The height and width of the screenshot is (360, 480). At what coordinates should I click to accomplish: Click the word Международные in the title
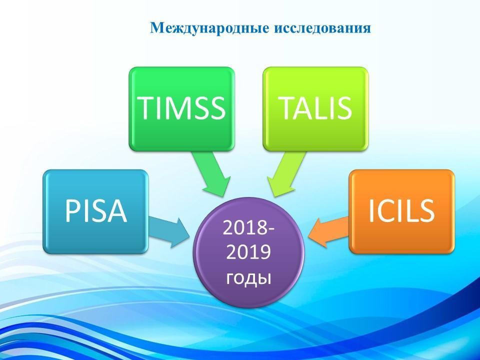coord(210,28)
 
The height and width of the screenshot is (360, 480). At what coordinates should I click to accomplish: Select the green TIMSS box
coord(182,109)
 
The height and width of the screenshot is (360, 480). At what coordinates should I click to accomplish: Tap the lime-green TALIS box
coord(315,109)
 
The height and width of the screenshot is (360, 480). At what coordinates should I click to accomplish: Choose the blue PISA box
coord(96,211)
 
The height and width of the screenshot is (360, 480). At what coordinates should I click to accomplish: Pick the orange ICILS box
coord(401,211)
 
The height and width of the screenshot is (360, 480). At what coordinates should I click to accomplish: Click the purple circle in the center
coord(248,252)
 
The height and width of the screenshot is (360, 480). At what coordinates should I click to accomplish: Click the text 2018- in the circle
coord(248,228)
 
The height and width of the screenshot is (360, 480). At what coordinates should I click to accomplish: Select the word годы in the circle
coord(248,278)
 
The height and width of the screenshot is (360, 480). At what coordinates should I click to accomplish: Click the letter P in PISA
coord(72,211)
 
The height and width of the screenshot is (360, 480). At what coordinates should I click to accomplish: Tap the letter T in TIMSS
coord(147,108)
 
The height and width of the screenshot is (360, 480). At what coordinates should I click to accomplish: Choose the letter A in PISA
coord(116,211)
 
